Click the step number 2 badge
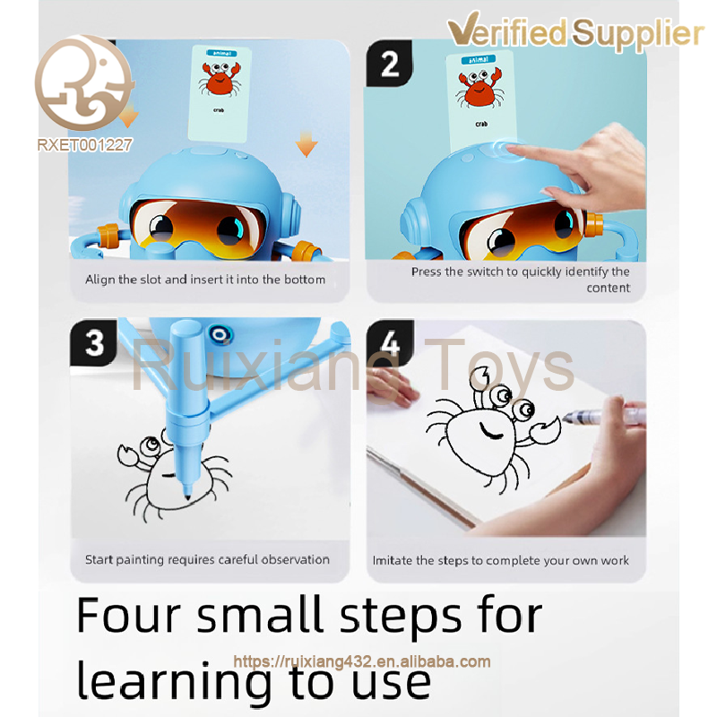pos(389,63)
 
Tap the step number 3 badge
pos(94,342)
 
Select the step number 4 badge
pos(390,342)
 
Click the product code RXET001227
pos(84,145)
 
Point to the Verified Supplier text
pos(575,30)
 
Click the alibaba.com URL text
pos(362,661)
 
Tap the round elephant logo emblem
pos(83,82)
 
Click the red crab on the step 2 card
pos(479,89)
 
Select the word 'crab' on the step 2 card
pos(481,124)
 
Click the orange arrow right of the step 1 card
pos(306,143)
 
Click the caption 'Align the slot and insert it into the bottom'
pos(205,280)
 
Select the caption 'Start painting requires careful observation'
pos(207,559)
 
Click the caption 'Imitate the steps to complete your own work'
pos(501,561)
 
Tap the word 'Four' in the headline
pos(129,616)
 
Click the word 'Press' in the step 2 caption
pos(427,272)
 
